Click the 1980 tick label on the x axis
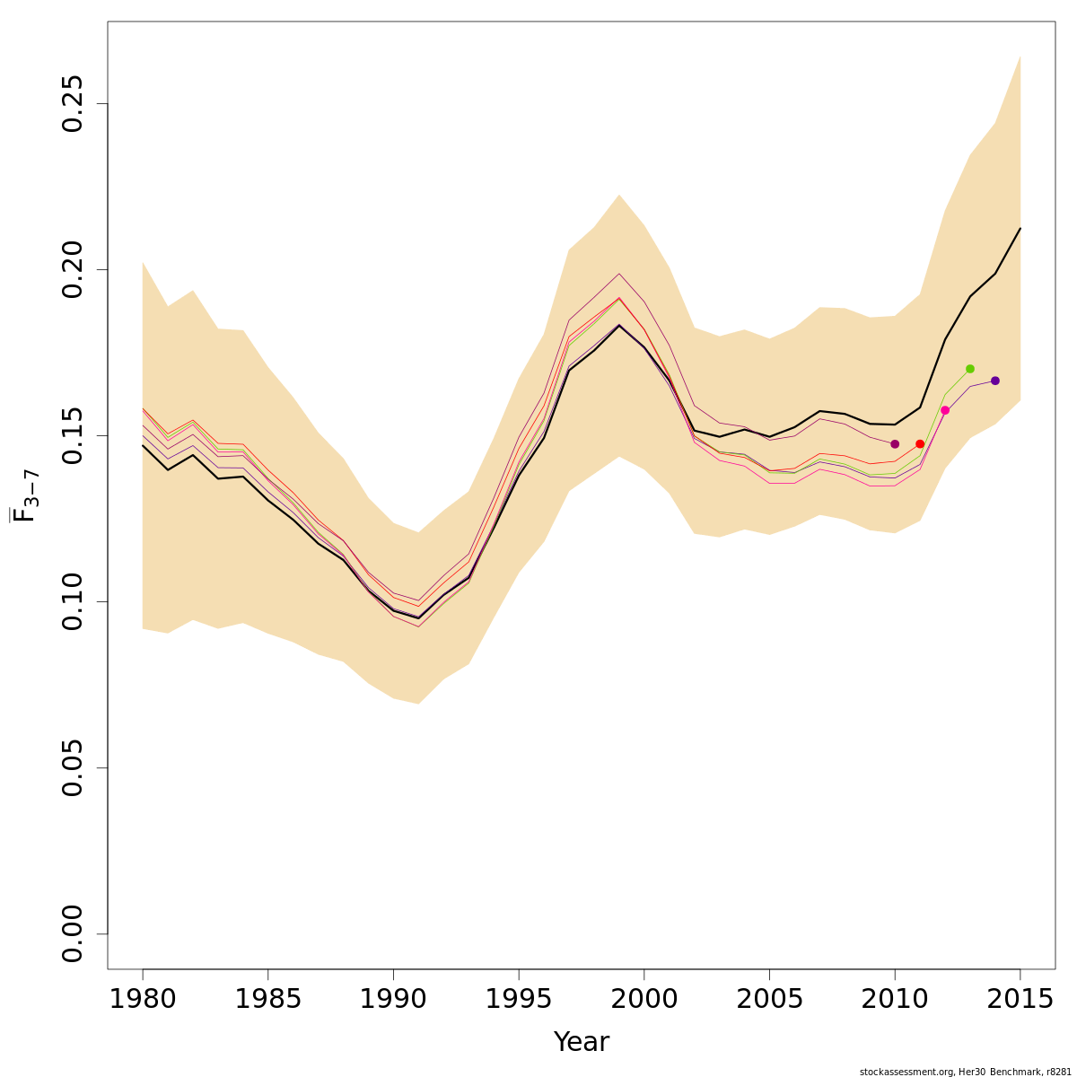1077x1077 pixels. point(143,999)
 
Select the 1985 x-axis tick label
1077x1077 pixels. point(267,999)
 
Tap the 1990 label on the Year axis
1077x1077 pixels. point(393,999)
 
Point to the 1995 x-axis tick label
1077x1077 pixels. point(519,999)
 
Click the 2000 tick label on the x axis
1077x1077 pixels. point(644,999)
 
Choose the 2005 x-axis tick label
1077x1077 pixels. point(769,999)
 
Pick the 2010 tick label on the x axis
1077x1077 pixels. point(895,999)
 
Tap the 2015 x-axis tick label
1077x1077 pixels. point(1020,999)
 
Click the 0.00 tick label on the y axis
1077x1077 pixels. point(73,933)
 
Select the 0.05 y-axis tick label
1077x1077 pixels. point(73,767)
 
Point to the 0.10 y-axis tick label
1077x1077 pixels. point(73,601)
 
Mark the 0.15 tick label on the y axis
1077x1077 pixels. point(73,435)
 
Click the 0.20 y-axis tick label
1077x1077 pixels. point(73,269)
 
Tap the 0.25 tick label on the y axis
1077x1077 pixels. point(73,103)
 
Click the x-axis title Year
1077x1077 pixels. point(581,1042)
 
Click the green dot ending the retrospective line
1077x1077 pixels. point(970,369)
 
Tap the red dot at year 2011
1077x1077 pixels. point(920,444)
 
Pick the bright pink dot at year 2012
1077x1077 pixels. point(945,410)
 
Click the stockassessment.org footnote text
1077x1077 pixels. point(965,1072)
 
